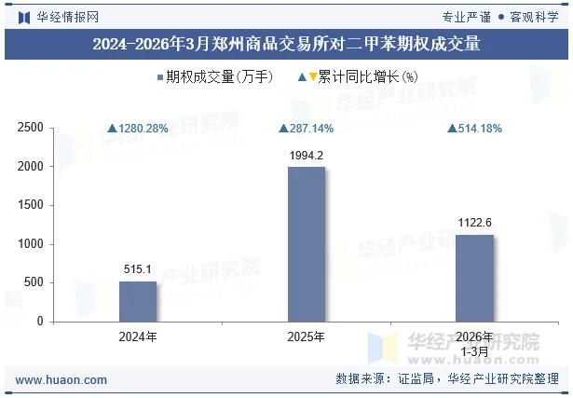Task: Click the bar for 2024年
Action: click(x=138, y=301)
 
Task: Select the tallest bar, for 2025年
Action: click(x=307, y=244)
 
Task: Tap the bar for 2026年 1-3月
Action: click(x=474, y=278)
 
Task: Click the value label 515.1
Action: click(x=138, y=269)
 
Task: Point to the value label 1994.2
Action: click(x=307, y=156)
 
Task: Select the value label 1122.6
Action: click(x=474, y=223)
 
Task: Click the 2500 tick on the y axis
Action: click(x=32, y=128)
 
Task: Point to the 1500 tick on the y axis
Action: click(x=32, y=205)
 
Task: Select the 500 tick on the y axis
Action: click(x=34, y=282)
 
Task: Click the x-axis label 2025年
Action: click(x=307, y=336)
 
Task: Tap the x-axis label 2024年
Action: click(x=138, y=336)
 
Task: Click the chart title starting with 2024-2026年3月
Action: click(x=286, y=44)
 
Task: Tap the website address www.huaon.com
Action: click(x=61, y=380)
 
